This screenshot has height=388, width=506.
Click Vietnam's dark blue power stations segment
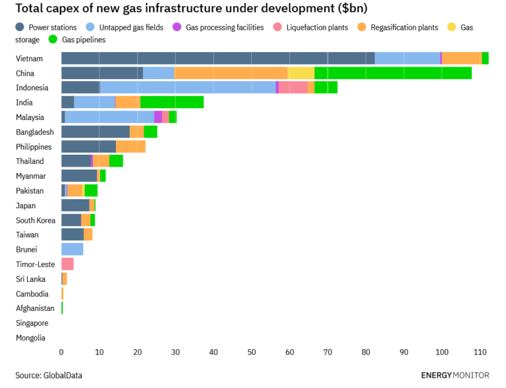click(217, 59)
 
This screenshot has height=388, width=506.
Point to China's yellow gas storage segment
click(300, 73)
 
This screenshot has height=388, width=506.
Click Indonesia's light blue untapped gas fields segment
click(187, 88)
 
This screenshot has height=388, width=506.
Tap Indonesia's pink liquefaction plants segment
click(293, 88)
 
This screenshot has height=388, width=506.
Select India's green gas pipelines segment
click(172, 102)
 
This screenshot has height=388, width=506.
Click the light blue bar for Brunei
click(72, 249)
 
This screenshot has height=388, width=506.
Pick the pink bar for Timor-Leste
click(67, 264)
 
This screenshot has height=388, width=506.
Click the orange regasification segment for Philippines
click(130, 146)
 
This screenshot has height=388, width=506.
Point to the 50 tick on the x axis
click(252, 352)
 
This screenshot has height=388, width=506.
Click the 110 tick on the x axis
click(480, 352)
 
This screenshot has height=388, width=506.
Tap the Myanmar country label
click(31, 176)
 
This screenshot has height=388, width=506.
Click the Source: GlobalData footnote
click(49, 375)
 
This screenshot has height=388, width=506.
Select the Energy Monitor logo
click(455, 375)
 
